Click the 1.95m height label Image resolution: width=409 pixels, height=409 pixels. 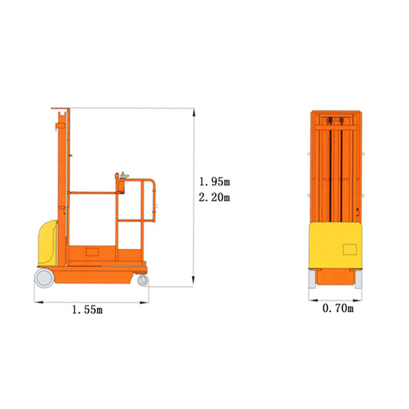[214, 182]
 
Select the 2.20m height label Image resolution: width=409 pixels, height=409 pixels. [214, 197]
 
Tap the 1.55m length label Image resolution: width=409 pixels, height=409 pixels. [87, 310]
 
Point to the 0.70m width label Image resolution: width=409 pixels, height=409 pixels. [338, 308]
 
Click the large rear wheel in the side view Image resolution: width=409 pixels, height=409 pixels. [44, 278]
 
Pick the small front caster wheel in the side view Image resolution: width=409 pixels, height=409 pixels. [143, 280]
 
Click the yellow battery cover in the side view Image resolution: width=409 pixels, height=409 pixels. [48, 243]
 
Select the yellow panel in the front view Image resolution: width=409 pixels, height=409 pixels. [335, 245]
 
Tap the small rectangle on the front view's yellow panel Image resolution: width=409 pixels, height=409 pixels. [350, 249]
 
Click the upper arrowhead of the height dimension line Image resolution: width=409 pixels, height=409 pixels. [194, 112]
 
